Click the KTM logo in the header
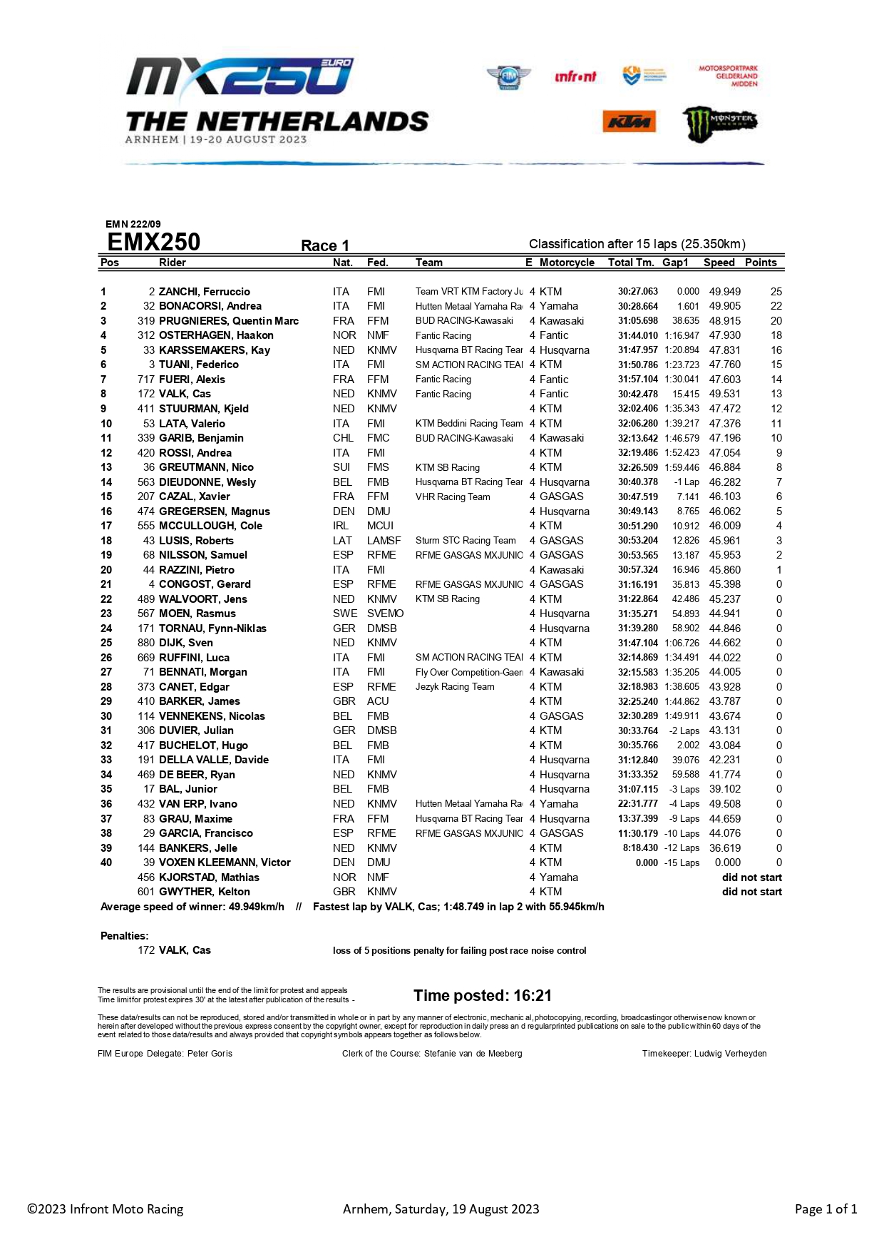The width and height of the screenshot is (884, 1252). pyautogui.click(x=628, y=122)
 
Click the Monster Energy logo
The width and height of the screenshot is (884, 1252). pyautogui.click(x=719, y=123)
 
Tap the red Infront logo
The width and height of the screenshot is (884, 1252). pyautogui.click(x=575, y=76)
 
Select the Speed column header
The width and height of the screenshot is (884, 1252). pyautogui.click(x=719, y=263)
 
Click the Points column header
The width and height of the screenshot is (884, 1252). pyautogui.click(x=761, y=263)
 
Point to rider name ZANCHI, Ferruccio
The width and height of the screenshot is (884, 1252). pyautogui.click(x=204, y=292)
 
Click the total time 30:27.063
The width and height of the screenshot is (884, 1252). pyautogui.click(x=637, y=292)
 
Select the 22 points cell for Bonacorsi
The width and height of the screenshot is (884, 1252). pyautogui.click(x=776, y=306)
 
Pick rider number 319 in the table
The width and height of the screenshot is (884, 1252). pyautogui.click(x=146, y=321)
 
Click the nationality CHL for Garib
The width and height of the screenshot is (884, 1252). pyautogui.click(x=343, y=438)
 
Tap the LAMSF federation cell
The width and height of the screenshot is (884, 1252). pyautogui.click(x=384, y=541)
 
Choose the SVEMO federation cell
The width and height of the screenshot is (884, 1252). pyautogui.click(x=385, y=614)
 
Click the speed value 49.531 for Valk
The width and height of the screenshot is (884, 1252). pyautogui.click(x=724, y=394)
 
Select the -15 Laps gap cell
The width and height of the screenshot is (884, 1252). pyautogui.click(x=682, y=862)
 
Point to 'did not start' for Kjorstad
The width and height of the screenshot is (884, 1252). pyautogui.click(x=751, y=877)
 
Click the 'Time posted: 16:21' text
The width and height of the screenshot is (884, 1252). pyautogui.click(x=482, y=996)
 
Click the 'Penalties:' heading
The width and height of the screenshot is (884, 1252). pyautogui.click(x=124, y=936)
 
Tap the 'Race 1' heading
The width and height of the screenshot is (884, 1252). pyautogui.click(x=325, y=246)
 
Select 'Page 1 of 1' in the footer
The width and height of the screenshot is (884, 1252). pyautogui.click(x=826, y=1209)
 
